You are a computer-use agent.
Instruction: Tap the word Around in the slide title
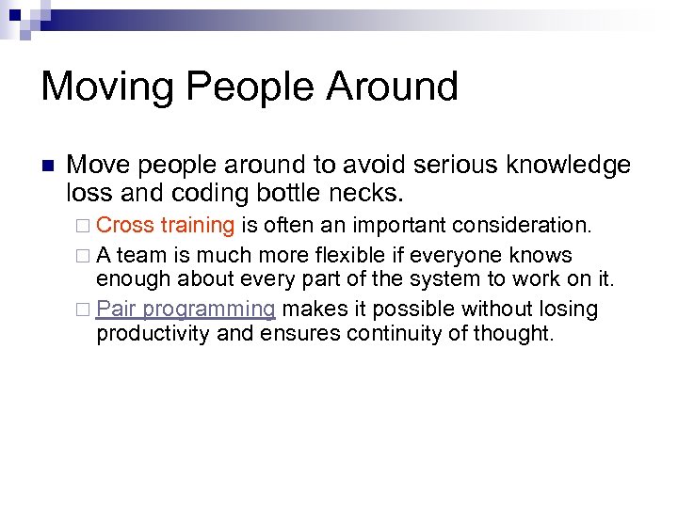[393, 87]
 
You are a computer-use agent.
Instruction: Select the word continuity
[386, 333]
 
